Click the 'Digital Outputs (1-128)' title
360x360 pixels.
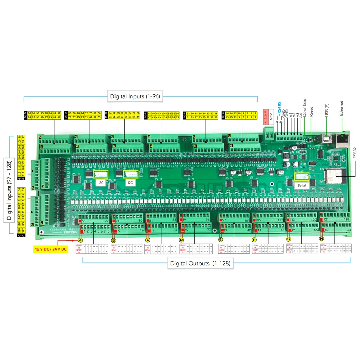coord(199,264)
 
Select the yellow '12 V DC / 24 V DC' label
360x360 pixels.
coord(51,249)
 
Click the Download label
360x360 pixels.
coord(304,107)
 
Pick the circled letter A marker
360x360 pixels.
coord(81,240)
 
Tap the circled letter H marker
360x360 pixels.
coord(321,239)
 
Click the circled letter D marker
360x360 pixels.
coord(181,240)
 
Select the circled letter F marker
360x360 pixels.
coord(254,240)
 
